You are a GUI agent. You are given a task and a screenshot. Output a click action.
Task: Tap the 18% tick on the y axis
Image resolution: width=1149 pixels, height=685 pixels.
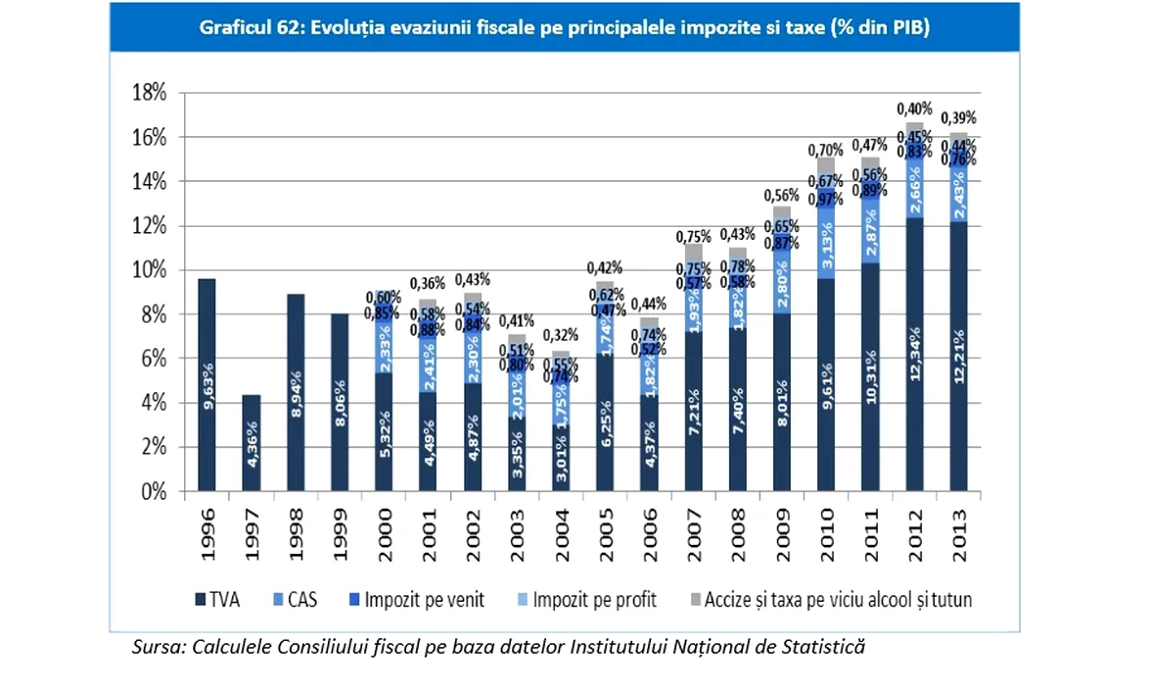(150, 93)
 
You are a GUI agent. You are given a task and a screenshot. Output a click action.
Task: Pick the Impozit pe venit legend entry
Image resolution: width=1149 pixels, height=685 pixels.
(418, 599)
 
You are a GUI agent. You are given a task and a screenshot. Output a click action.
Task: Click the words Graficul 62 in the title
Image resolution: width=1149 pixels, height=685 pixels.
(251, 28)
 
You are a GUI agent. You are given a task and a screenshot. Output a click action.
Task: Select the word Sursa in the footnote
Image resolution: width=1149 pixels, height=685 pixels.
(159, 648)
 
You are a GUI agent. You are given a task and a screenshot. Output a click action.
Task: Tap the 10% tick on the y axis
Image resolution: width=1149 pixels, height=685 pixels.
(150, 270)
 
